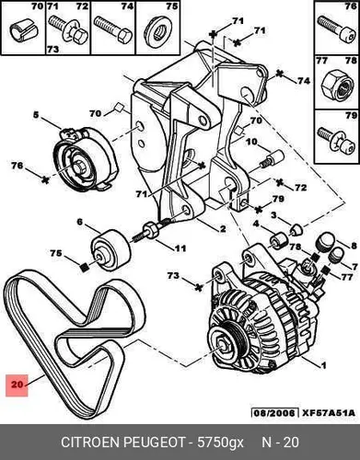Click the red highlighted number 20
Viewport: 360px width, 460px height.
point(17,384)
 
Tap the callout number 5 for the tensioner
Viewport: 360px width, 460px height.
point(36,115)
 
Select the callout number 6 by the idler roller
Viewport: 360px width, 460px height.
point(80,222)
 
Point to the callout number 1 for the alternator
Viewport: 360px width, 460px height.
point(323,365)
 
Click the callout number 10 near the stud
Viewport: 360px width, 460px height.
point(251,142)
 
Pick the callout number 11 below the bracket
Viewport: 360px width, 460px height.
point(180,247)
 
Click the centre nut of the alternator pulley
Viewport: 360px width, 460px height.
point(222,344)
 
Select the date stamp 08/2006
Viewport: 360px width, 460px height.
point(274,413)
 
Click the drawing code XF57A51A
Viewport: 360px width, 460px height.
point(329,413)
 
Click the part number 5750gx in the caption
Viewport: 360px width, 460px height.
point(220,443)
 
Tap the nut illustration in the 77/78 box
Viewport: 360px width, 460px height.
point(337,86)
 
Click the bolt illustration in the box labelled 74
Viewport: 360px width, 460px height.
point(112,31)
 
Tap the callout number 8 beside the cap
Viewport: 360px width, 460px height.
point(354,246)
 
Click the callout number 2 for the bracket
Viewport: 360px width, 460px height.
point(223,228)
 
